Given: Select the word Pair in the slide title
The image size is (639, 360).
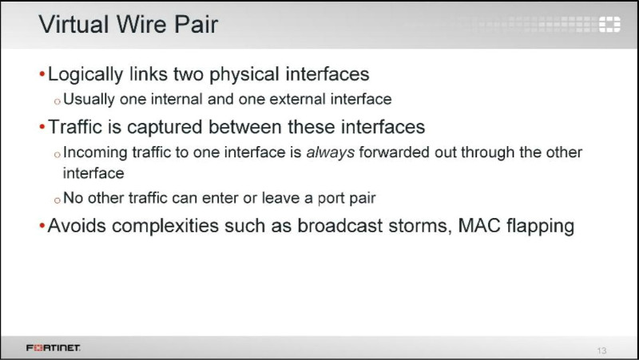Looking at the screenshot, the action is pos(196,24).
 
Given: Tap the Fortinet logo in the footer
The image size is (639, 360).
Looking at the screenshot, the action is pos(53,347).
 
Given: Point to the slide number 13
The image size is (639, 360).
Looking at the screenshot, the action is pos(601,350).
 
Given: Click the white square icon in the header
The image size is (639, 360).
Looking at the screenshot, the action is pos(609,24).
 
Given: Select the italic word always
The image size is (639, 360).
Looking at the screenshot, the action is pos(330,152).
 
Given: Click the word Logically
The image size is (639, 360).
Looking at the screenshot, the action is pos(85,75).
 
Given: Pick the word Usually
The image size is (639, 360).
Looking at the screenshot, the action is pos(89,99).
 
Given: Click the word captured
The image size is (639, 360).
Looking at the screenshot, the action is pos(165,128).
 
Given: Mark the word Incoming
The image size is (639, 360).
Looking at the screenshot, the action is pos(95,152).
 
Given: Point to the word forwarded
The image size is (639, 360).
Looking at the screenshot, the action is pos(394,152).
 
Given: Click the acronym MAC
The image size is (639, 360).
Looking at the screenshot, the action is pos(478,226).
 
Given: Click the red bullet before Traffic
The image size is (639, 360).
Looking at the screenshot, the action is pos(42,127).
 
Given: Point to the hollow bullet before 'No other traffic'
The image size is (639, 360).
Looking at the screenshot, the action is pos(57,200).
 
